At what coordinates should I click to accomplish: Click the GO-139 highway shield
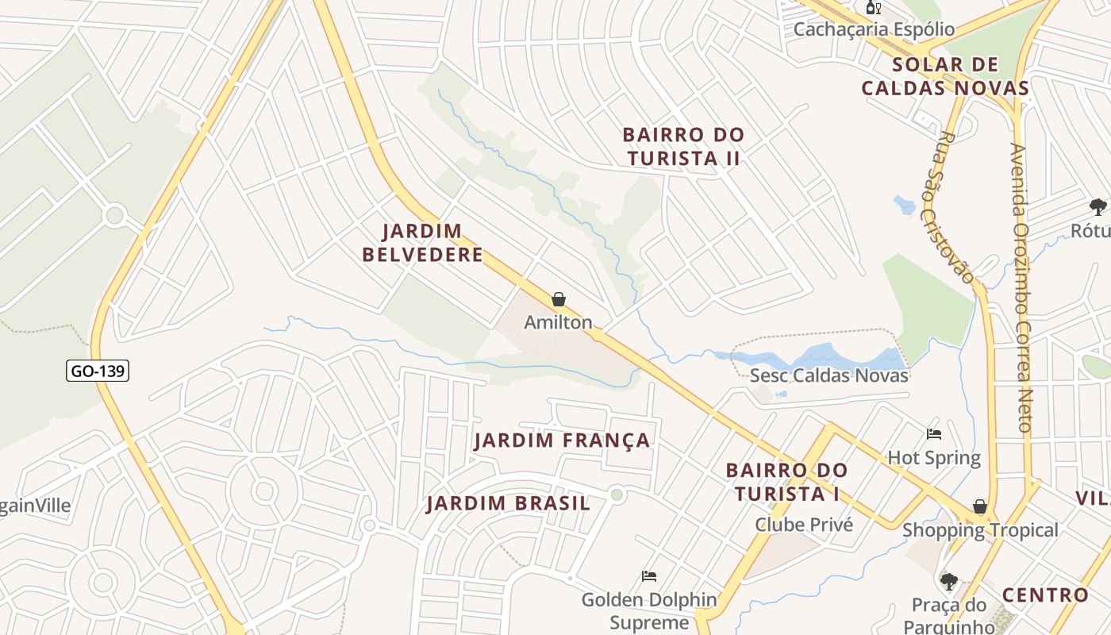98,371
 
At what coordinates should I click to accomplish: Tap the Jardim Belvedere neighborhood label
422,243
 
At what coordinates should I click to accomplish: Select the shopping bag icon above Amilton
559,299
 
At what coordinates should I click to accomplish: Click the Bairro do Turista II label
683,147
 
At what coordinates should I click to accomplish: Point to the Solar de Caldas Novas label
945,76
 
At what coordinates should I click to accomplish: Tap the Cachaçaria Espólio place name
875,29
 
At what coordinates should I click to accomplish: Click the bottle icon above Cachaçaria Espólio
873,8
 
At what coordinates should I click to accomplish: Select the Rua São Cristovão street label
949,208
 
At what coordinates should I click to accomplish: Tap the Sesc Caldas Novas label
829,375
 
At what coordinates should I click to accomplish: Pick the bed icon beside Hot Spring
934,434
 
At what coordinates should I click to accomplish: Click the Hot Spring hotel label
934,458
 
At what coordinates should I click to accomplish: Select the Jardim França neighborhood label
562,441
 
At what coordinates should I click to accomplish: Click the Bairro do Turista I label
787,482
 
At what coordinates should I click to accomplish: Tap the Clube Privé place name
804,525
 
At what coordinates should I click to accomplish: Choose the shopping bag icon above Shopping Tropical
980,506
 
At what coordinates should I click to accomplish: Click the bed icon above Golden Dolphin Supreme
649,576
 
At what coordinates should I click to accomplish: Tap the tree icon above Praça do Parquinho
949,582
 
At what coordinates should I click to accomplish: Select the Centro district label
1044,595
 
